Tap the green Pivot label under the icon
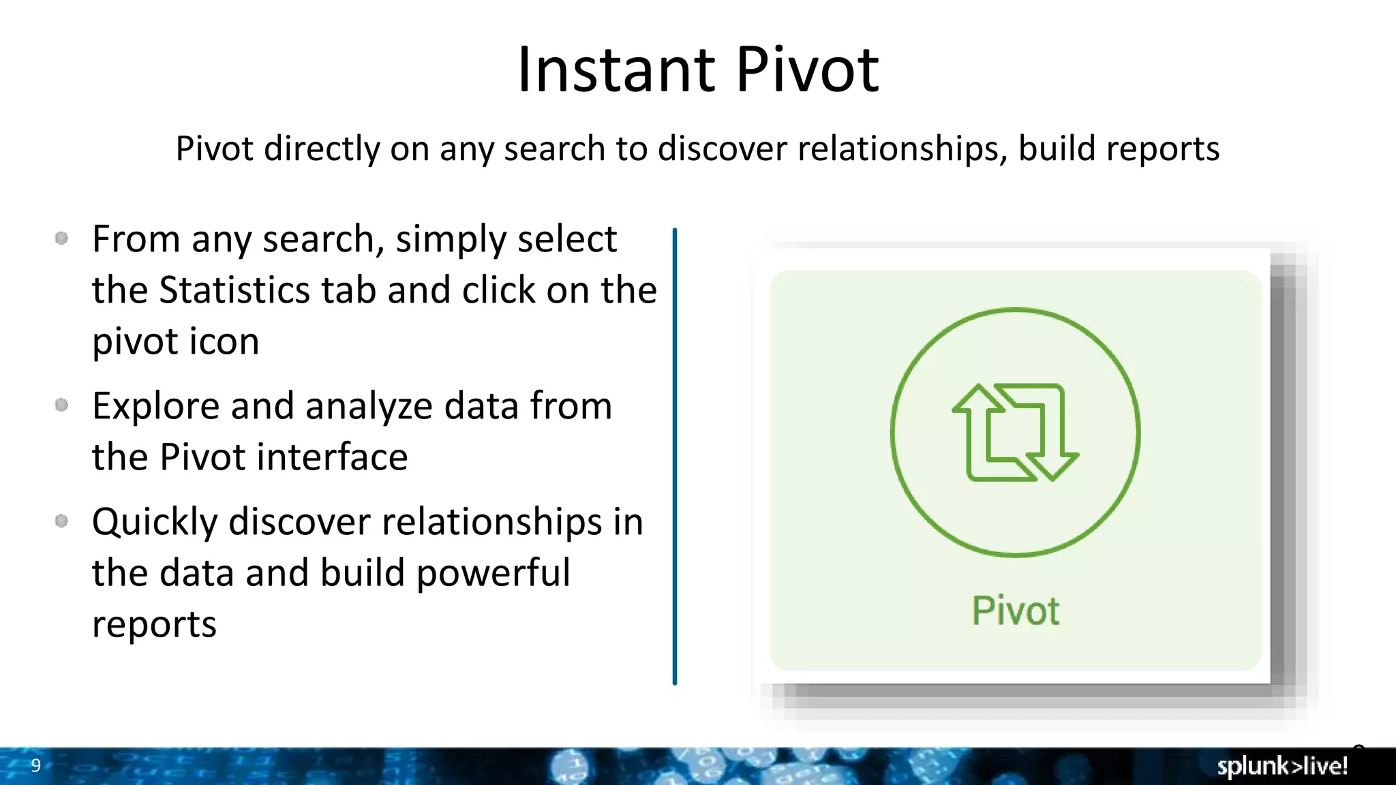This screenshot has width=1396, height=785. pyautogui.click(x=1015, y=611)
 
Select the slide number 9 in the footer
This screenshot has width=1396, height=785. pyautogui.click(x=36, y=765)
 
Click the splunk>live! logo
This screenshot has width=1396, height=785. pyautogui.click(x=1282, y=766)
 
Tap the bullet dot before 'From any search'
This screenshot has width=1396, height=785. pyautogui.click(x=61, y=238)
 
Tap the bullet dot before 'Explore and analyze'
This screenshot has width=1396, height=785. pyautogui.click(x=61, y=405)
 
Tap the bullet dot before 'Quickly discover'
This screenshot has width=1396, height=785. pyautogui.click(x=61, y=521)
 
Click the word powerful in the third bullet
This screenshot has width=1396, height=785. pyautogui.click(x=493, y=573)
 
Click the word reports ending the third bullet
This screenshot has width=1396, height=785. pyautogui.click(x=154, y=624)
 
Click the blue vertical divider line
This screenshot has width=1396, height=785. pyautogui.click(x=674, y=457)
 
